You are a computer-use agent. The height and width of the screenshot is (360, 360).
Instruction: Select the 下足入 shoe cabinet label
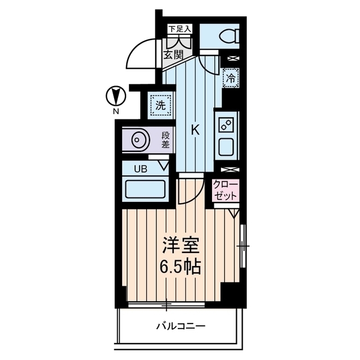coord(180,28)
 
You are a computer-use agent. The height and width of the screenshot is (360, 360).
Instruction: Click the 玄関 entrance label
coord(174,55)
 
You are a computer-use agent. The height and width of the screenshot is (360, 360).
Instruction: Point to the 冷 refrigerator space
coord(231,78)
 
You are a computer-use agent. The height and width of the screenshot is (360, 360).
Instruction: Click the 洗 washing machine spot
coord(160,105)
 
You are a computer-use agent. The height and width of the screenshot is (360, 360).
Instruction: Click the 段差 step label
coord(166,139)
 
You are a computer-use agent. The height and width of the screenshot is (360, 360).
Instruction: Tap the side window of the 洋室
coord(242,246)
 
